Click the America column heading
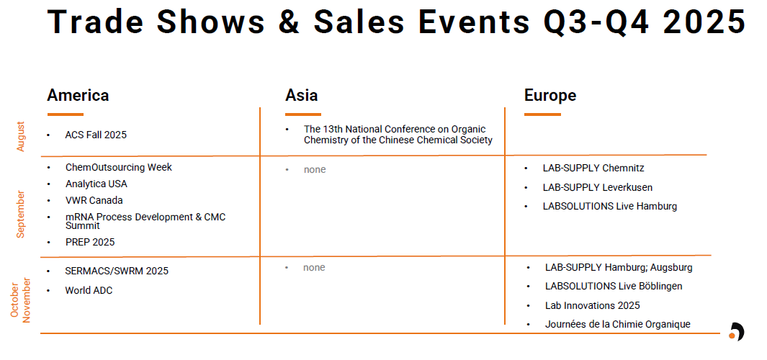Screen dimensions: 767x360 pyautogui.click(x=78, y=95)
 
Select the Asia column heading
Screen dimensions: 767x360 pyautogui.click(x=301, y=95)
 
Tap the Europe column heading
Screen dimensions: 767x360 pyautogui.click(x=550, y=95)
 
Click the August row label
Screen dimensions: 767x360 pyautogui.click(x=21, y=137)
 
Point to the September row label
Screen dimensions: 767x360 pyautogui.click(x=21, y=215)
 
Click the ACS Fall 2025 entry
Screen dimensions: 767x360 pyautogui.click(x=96, y=135)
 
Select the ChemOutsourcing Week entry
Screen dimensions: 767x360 pyautogui.click(x=119, y=167)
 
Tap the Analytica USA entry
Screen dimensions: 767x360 pyautogui.click(x=97, y=184)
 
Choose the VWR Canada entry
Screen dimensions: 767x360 pyautogui.click(x=94, y=201)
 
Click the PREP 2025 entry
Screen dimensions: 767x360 pyautogui.click(x=90, y=242)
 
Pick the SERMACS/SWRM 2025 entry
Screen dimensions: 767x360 pyautogui.click(x=117, y=271)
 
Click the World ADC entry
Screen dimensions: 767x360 pyautogui.click(x=89, y=291)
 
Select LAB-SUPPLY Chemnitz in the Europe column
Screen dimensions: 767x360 pyautogui.click(x=593, y=168)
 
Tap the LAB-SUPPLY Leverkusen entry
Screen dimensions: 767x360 pyautogui.click(x=597, y=187)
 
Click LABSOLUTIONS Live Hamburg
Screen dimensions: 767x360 pyautogui.click(x=610, y=207)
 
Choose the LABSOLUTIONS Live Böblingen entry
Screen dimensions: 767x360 pyautogui.click(x=614, y=286)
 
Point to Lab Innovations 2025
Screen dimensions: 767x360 pyautogui.click(x=593, y=306)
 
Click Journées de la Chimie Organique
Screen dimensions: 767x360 pyautogui.click(x=618, y=324)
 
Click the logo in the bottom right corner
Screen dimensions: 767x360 pyautogui.click(x=736, y=332)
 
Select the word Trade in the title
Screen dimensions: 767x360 pyautogui.click(x=97, y=22)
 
